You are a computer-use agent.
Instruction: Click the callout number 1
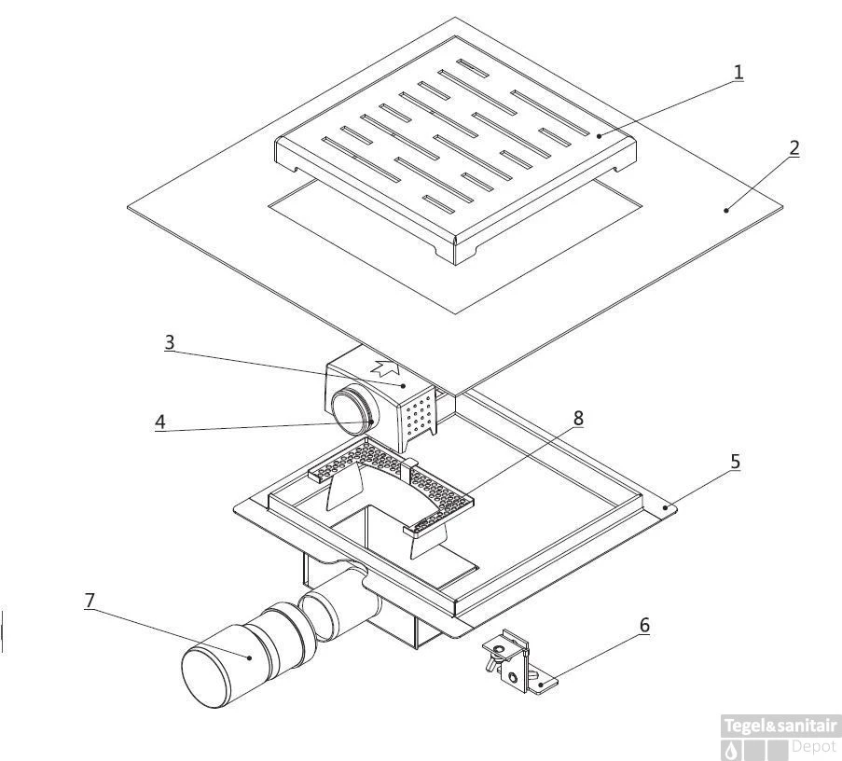click(738, 72)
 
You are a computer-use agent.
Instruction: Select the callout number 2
click(793, 147)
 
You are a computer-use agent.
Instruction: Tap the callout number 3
click(169, 341)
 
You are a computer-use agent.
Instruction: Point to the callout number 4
click(160, 422)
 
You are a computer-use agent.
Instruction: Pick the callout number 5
click(736, 460)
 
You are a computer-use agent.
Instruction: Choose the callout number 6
click(643, 625)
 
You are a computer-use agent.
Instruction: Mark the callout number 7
click(90, 601)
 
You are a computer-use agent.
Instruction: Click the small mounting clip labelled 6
click(513, 661)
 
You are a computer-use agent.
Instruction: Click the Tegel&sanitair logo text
click(780, 726)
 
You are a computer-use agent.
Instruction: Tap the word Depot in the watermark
click(813, 746)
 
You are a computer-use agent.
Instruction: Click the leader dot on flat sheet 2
click(725, 211)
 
